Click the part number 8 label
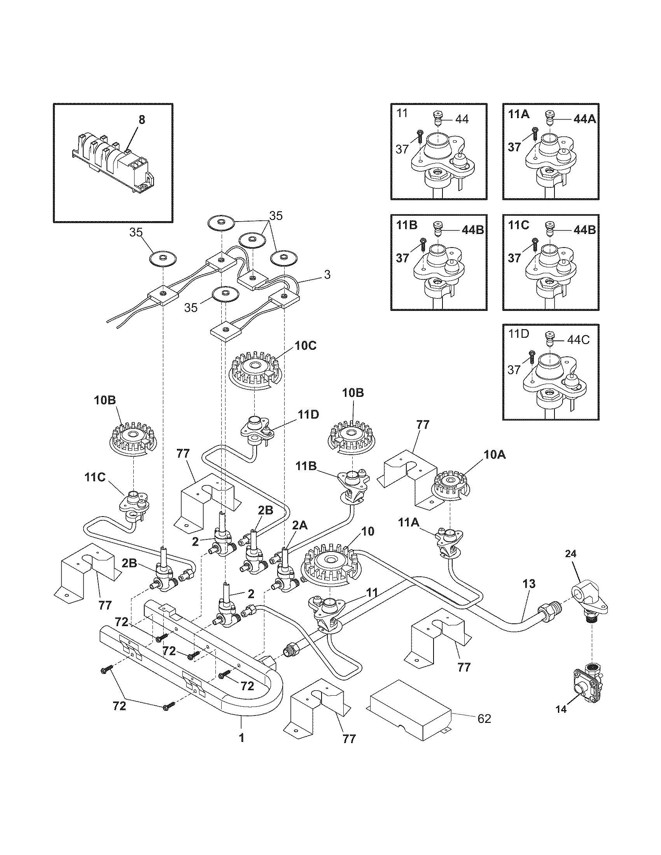[142, 120]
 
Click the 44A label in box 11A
[584, 119]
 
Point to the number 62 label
[484, 719]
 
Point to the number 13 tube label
[529, 595]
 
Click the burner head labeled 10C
[255, 370]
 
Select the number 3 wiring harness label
[327, 275]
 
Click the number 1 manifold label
[241, 738]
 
